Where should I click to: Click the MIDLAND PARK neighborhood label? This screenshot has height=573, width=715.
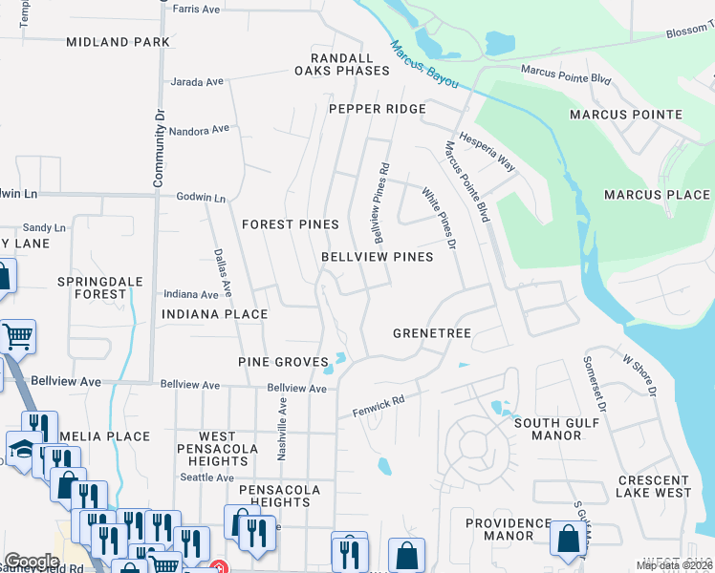[119, 42]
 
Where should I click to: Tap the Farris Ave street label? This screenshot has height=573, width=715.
[197, 10]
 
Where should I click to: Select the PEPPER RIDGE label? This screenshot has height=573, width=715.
[378, 109]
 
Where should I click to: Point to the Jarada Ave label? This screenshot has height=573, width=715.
[197, 82]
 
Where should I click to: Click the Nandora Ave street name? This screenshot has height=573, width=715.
[202, 128]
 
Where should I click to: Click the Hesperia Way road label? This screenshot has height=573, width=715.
[487, 152]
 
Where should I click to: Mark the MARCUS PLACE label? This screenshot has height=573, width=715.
[657, 195]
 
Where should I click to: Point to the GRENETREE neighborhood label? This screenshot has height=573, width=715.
[432, 333]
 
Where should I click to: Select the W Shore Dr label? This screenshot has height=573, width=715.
[640, 377]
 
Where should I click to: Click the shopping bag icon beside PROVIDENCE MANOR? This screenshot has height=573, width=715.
[569, 539]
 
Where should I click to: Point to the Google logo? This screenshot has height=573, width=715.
[32, 561]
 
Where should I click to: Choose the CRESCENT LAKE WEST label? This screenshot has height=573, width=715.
[654, 487]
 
